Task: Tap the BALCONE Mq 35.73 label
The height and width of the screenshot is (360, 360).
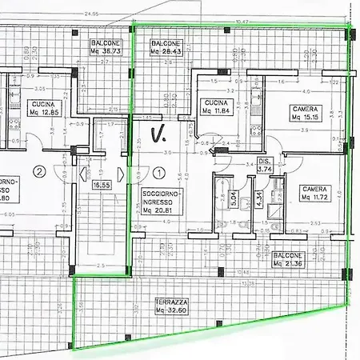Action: [x=106, y=47]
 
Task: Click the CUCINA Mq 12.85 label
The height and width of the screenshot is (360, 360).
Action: [x=43, y=108]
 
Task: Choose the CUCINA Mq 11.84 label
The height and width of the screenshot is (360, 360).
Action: [x=217, y=108]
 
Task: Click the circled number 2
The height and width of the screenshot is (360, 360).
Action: [x=38, y=171]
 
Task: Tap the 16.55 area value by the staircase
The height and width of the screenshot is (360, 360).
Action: [x=102, y=185]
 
